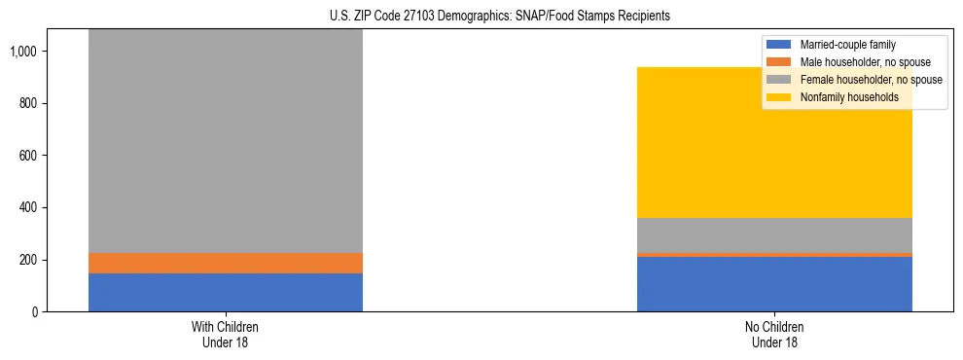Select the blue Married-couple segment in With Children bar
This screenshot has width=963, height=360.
point(225,292)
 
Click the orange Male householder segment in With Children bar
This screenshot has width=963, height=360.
point(225,263)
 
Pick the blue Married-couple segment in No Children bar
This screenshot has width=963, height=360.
point(774,284)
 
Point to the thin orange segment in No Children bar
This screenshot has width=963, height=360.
point(774,255)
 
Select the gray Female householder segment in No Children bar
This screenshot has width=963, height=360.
point(774,235)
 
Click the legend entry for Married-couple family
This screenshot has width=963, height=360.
point(846,45)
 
